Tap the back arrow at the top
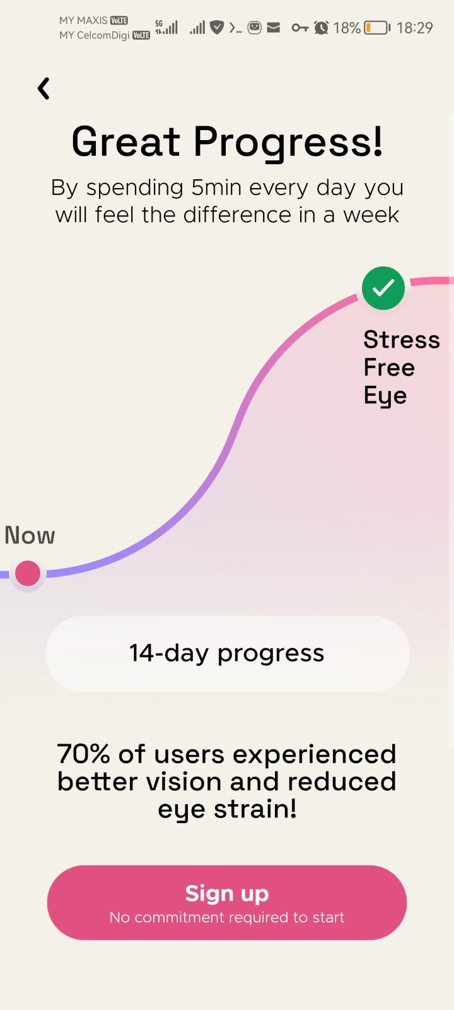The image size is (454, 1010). [44, 88]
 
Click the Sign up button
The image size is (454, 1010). [227, 902]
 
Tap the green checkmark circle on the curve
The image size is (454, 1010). [383, 288]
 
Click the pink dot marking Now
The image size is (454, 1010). [28, 573]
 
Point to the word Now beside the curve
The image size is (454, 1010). [30, 535]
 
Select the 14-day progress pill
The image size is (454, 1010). [227, 653]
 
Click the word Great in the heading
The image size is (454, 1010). [126, 141]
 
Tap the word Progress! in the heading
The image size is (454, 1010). [288, 143]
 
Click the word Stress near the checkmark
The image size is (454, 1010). [402, 340]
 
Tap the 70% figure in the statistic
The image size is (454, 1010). [83, 754]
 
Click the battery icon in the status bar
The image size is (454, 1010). [377, 28]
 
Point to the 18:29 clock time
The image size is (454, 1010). [414, 28]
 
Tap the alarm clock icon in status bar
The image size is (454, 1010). [321, 28]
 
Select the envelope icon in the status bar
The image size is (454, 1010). [274, 28]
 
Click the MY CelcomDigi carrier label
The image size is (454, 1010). [95, 35]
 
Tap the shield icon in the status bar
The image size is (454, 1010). [217, 28]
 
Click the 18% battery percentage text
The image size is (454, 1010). [347, 28]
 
